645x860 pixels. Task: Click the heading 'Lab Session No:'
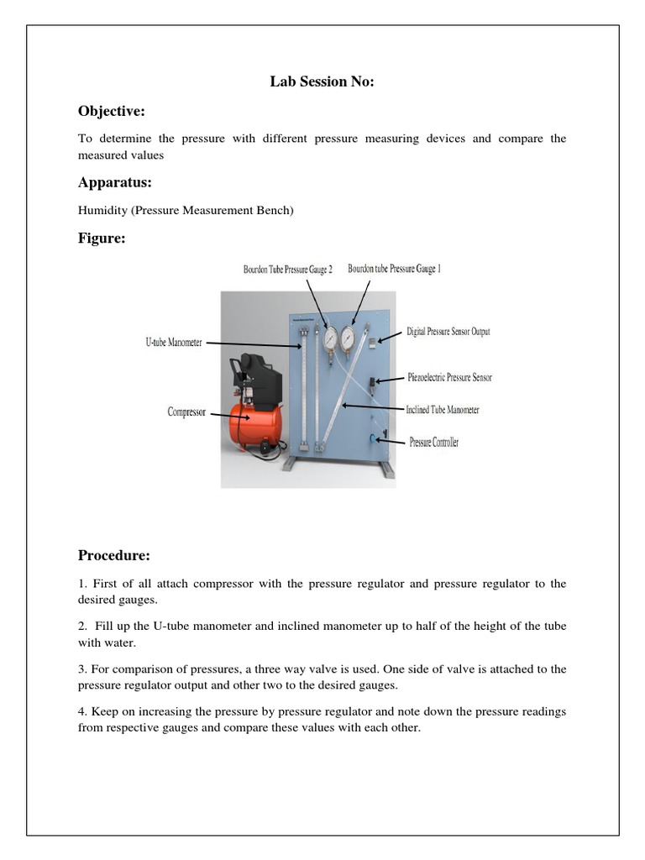point(322,81)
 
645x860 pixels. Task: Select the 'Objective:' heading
point(112,111)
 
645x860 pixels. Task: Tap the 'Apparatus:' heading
point(115,182)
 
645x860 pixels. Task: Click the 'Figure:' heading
point(102,239)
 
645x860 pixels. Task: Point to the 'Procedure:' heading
point(114,555)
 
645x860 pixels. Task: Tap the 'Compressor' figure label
point(186,412)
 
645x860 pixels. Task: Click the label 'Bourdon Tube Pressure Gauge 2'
point(288,270)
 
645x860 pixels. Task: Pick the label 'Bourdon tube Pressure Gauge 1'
point(394,269)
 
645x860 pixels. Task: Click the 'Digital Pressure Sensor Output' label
point(448,332)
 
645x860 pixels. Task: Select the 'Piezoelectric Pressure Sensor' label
point(449,377)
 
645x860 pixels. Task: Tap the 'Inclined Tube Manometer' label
point(443,410)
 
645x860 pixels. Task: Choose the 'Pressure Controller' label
point(433,442)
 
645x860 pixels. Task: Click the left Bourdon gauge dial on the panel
point(329,337)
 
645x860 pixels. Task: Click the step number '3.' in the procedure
point(82,669)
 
